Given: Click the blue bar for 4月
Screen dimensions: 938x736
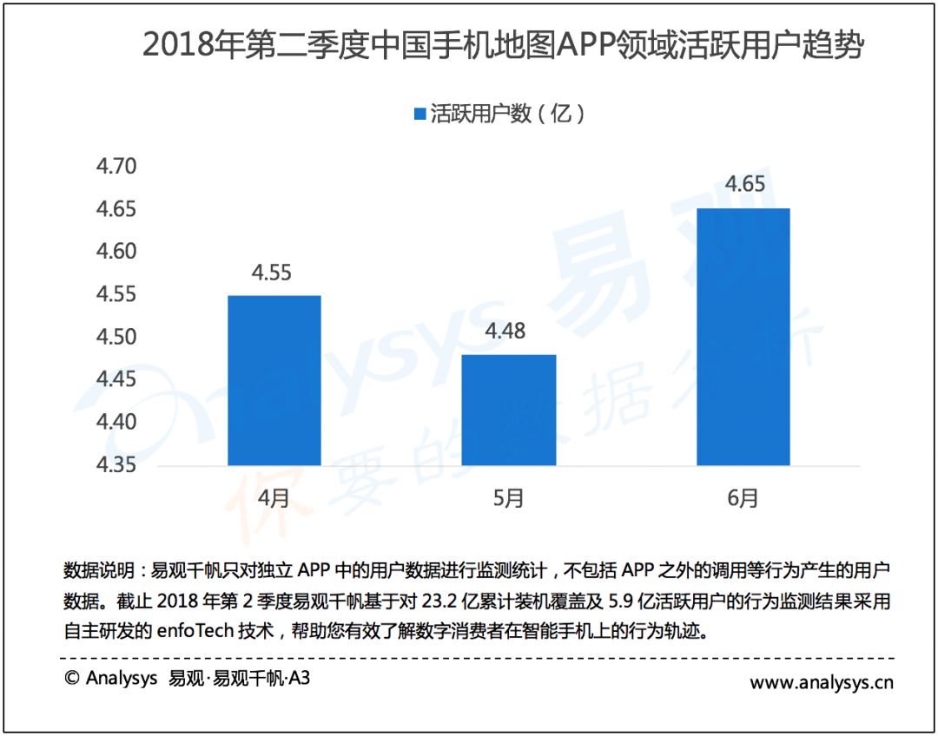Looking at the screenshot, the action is tap(274, 380).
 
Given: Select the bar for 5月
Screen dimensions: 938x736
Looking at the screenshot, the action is tap(509, 411).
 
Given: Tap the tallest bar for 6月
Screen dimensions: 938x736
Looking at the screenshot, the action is tap(743, 337).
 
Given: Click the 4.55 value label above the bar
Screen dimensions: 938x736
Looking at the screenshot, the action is tap(272, 273).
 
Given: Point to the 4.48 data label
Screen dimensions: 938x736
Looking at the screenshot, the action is tap(505, 331).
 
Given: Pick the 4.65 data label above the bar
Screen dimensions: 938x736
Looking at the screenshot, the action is tap(745, 183).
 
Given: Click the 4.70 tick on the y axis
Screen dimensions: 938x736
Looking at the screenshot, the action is tap(116, 167).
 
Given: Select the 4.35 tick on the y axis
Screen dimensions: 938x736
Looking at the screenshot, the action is tap(116, 464).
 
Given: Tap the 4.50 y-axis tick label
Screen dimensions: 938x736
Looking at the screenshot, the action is tap(116, 337).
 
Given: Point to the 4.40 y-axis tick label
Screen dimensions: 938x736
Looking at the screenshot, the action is tap(116, 422).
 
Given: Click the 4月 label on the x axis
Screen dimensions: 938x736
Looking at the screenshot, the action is tap(274, 497).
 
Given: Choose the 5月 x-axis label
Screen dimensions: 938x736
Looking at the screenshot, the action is tap(508, 497).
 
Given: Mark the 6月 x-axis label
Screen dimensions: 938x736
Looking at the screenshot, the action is tap(743, 497).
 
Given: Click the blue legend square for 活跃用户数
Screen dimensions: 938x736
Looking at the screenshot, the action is tap(420, 113).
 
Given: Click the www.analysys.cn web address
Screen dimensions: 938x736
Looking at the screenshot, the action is tap(822, 682).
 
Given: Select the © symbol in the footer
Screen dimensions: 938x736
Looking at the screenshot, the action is tap(72, 678).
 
